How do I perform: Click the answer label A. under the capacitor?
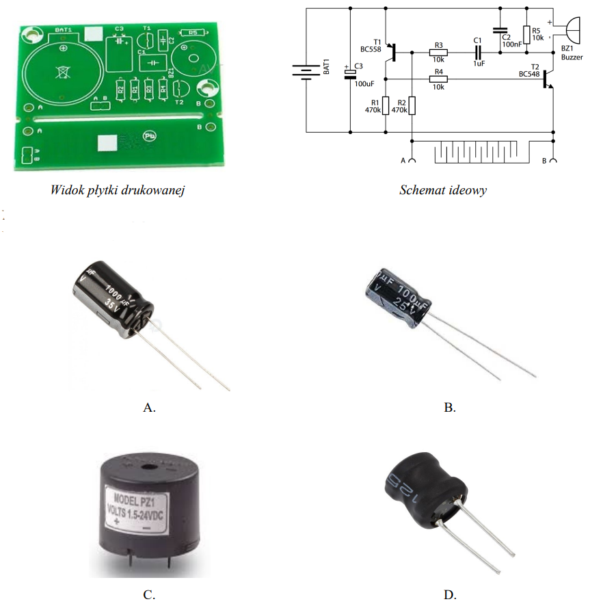tap(149, 408)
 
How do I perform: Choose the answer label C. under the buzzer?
tap(149, 594)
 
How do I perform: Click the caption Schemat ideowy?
tap(442, 191)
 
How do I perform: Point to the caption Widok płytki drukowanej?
tap(118, 190)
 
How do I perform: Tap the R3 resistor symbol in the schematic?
tap(438, 53)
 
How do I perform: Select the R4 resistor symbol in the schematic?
tap(438, 79)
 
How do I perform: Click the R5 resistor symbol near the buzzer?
tap(526, 34)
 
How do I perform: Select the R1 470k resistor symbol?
tap(385, 106)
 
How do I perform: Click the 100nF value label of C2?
tap(511, 44)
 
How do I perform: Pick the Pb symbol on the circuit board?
tap(148, 137)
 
